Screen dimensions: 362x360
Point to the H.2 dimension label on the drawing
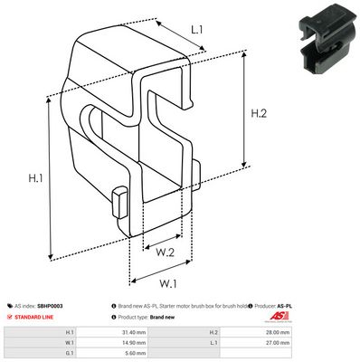(259, 114)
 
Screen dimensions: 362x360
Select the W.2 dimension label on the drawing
(165, 252)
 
